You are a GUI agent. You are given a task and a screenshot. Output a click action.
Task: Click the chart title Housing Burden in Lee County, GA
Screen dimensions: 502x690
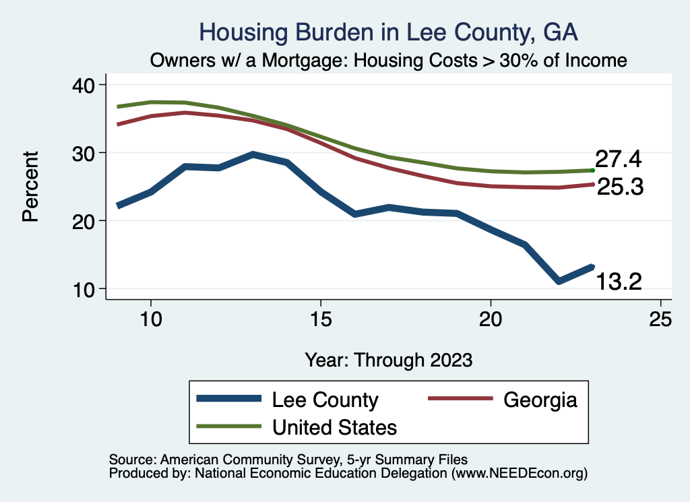tap(389, 32)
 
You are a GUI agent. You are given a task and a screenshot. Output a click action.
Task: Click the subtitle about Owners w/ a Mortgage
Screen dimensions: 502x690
tap(389, 60)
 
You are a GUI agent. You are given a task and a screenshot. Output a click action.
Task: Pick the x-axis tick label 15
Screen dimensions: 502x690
tap(321, 319)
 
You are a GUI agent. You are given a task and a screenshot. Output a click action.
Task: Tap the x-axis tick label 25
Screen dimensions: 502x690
tap(661, 319)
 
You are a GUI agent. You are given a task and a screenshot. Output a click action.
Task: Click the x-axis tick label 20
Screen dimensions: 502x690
tap(491, 319)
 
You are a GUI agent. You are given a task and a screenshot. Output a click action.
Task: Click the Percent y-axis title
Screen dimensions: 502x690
tap(30, 187)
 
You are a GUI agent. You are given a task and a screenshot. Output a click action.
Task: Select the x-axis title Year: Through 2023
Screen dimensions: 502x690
tap(389, 359)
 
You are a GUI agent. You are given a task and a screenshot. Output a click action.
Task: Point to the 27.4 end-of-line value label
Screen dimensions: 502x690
tap(618, 160)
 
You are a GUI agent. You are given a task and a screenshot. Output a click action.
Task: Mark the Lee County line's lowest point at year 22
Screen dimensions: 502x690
tap(559, 281)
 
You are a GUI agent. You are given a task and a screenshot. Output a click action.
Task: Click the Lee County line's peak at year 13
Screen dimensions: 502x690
tap(253, 154)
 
